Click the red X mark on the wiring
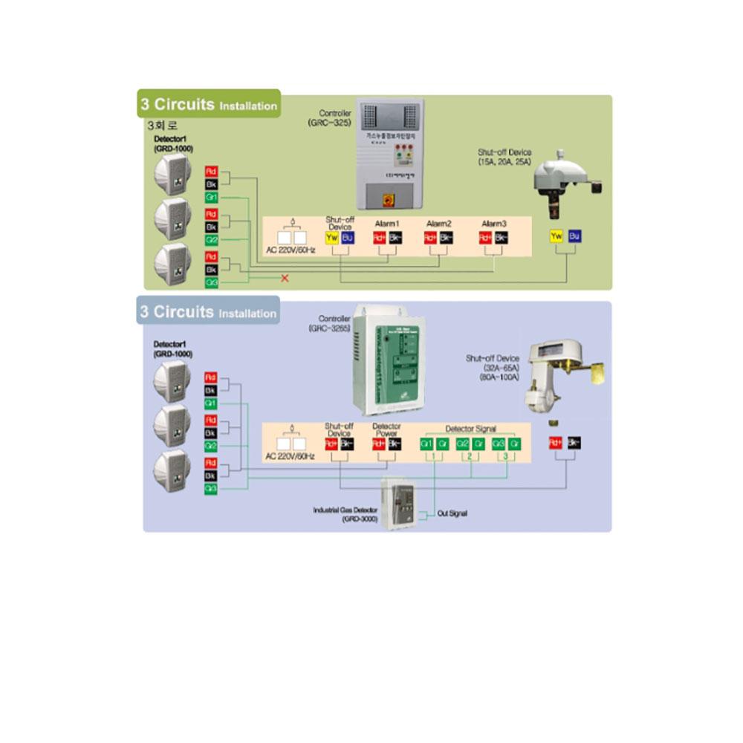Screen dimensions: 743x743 284,278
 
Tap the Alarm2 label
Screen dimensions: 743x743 439,224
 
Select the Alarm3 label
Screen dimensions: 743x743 494,224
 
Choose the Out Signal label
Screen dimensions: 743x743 452,513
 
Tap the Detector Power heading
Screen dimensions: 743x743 386,430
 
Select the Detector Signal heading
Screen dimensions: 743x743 470,429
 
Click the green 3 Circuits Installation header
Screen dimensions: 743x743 209,105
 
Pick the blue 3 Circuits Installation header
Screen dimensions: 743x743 209,312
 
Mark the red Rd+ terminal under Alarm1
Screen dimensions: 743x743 379,238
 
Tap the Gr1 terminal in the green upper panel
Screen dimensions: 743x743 211,198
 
